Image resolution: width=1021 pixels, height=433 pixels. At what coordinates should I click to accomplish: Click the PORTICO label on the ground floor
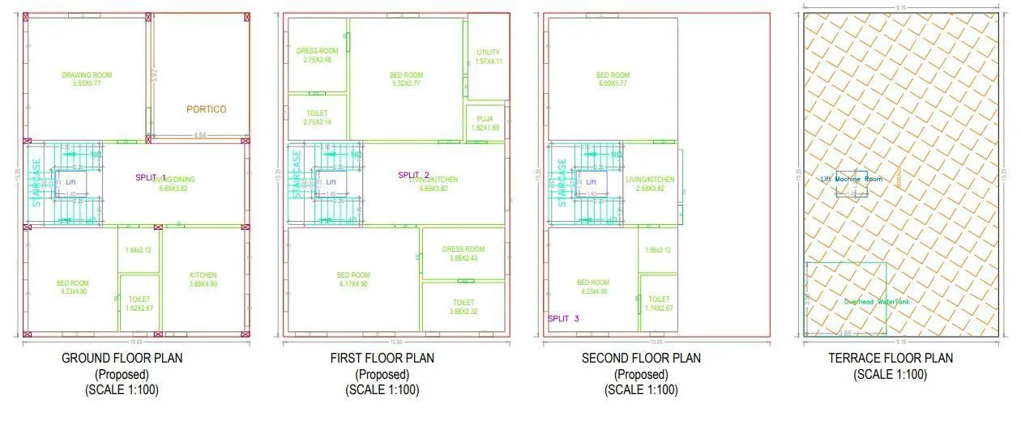pyautogui.click(x=207, y=109)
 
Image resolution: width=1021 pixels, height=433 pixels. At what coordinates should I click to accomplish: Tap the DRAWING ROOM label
pyautogui.click(x=87, y=75)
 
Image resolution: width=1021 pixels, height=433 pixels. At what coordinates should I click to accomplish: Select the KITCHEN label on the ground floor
pyautogui.click(x=203, y=275)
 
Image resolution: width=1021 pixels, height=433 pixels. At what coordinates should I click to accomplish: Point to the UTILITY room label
pyautogui.click(x=489, y=53)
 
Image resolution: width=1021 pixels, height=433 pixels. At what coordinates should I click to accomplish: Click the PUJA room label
pyautogui.click(x=485, y=118)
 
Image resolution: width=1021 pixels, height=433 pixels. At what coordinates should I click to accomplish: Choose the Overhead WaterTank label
pyautogui.click(x=878, y=302)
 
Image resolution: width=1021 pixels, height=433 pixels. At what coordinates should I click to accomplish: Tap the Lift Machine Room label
pyautogui.click(x=852, y=179)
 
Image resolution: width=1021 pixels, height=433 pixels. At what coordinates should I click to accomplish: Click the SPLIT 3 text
pyautogui.click(x=564, y=319)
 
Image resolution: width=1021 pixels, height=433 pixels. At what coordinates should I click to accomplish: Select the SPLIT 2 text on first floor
pyautogui.click(x=413, y=175)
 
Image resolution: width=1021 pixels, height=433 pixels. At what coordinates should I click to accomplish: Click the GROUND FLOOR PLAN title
pyautogui.click(x=122, y=358)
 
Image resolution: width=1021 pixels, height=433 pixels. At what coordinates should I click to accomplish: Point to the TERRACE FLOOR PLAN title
pyautogui.click(x=891, y=358)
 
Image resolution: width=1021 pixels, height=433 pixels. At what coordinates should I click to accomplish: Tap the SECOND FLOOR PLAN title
pyautogui.click(x=641, y=358)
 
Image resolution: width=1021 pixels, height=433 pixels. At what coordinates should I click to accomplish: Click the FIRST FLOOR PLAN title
pyautogui.click(x=382, y=358)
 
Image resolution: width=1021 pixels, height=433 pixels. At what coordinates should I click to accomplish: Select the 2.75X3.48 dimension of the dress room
pyautogui.click(x=318, y=60)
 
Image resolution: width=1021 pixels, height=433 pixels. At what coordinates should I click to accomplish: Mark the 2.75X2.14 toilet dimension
pyautogui.click(x=317, y=122)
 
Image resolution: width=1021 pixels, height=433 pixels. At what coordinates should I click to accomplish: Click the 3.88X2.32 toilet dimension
pyautogui.click(x=464, y=311)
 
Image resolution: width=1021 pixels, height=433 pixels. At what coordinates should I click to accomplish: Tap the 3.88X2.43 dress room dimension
pyautogui.click(x=464, y=258)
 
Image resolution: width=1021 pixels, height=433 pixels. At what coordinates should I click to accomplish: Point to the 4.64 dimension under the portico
pyautogui.click(x=199, y=134)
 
